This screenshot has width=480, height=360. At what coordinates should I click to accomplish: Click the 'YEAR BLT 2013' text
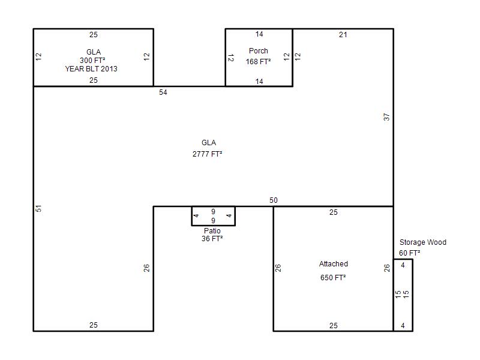[x=91, y=69]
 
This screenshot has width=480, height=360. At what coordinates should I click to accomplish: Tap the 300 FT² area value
[x=92, y=61]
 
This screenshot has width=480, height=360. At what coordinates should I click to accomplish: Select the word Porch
[x=259, y=51]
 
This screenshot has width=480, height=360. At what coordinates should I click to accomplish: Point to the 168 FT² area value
[x=258, y=62]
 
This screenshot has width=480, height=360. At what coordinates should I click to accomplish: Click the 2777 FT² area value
[x=207, y=154]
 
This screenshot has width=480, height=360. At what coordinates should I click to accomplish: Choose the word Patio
[x=212, y=231]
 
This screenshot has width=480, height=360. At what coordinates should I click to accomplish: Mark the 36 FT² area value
[x=212, y=238]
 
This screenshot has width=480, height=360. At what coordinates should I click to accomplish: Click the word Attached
[x=334, y=264]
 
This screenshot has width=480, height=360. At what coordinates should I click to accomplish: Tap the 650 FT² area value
[x=333, y=277]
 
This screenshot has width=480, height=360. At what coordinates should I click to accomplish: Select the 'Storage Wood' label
[x=423, y=242]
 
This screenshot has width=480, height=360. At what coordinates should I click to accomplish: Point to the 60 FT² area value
[x=409, y=253]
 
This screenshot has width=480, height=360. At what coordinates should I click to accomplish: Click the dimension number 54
[x=163, y=92]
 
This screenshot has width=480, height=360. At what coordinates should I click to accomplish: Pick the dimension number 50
[x=274, y=200]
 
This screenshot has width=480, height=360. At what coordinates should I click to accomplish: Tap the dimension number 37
[x=386, y=117]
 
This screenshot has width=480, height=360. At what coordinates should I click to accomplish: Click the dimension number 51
[x=38, y=208]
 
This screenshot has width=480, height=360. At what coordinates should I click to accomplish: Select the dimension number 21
[x=343, y=35]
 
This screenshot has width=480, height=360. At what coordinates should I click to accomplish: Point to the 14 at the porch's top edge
[x=259, y=34]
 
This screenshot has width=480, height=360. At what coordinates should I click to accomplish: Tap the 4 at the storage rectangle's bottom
[x=403, y=326]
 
